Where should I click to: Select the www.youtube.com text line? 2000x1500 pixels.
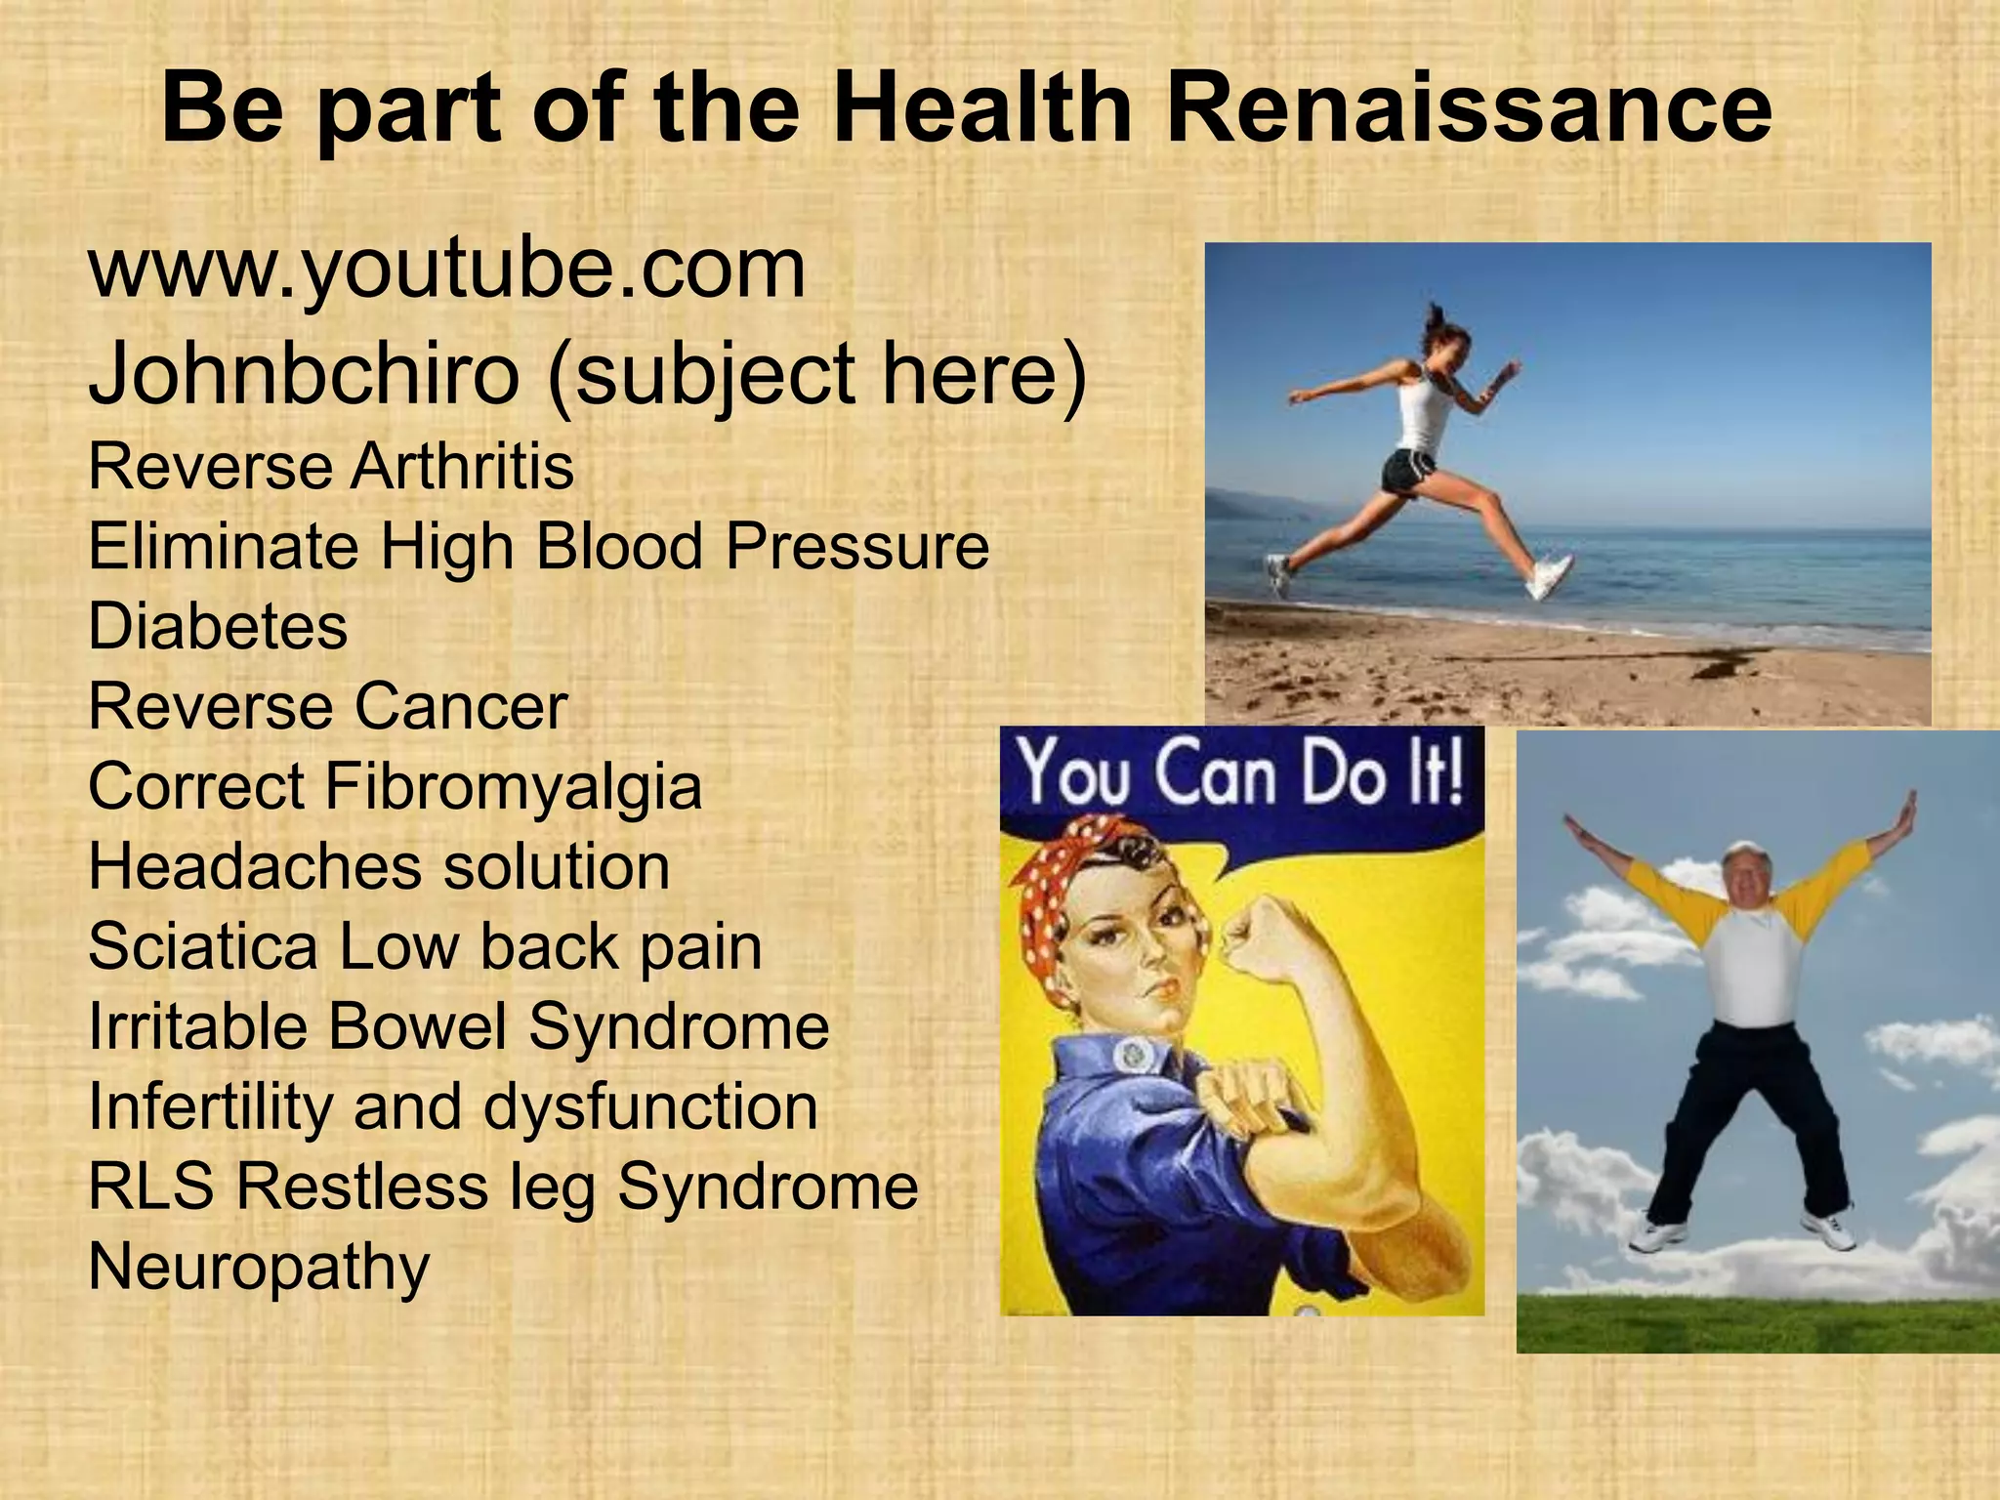[x=447, y=270]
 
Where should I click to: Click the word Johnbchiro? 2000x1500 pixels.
[x=304, y=375]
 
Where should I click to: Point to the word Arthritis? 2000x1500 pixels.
[x=461, y=467]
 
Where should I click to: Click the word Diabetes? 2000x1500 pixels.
[x=218, y=626]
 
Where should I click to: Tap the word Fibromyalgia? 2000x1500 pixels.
[x=513, y=786]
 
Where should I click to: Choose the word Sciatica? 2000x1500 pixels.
[x=203, y=946]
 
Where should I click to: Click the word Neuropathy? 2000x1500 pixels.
[x=259, y=1268]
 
